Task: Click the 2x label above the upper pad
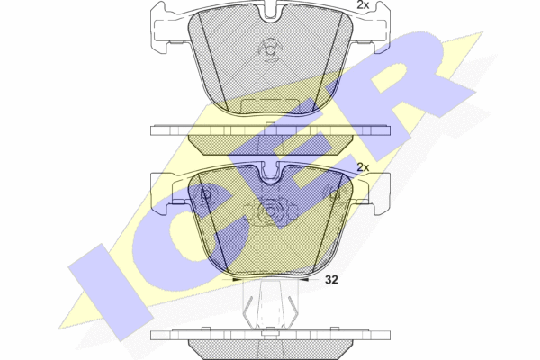click(363, 5)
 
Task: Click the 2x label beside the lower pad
click(363, 167)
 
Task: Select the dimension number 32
click(332, 280)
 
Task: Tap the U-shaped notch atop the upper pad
click(271, 14)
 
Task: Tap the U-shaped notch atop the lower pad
click(271, 175)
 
